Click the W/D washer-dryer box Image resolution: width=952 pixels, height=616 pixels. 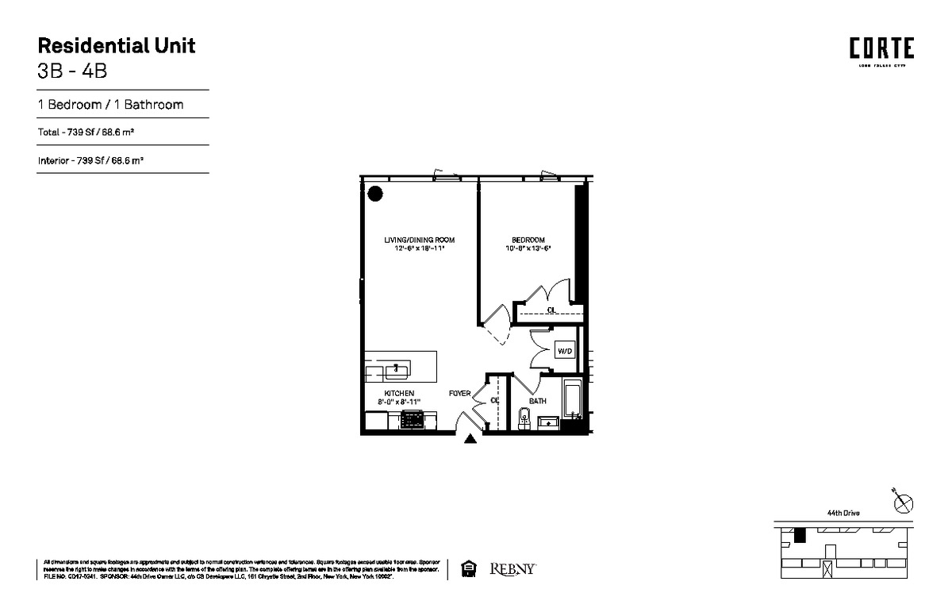tap(565, 351)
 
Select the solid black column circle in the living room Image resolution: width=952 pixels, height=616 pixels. tap(375, 193)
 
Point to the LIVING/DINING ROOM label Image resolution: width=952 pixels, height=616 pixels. tap(420, 241)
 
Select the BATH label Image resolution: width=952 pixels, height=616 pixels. tap(538, 402)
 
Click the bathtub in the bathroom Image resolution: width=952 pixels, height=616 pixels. tap(574, 401)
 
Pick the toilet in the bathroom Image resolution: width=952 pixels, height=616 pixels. tap(523, 418)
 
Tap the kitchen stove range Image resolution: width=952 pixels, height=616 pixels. tap(413, 421)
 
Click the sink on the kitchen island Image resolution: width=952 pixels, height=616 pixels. tap(397, 369)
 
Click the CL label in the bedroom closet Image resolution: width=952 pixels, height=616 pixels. tap(551, 310)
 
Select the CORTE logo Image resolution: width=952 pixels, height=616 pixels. tap(881, 49)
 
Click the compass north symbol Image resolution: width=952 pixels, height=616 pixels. tap(903, 502)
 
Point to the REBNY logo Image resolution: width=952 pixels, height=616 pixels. tap(514, 568)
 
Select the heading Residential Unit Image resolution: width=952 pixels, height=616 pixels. tap(117, 45)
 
